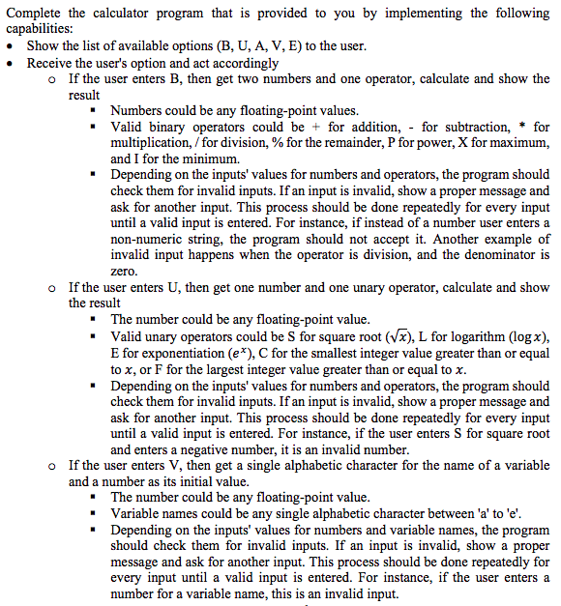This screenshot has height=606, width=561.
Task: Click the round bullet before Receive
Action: click(x=11, y=63)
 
